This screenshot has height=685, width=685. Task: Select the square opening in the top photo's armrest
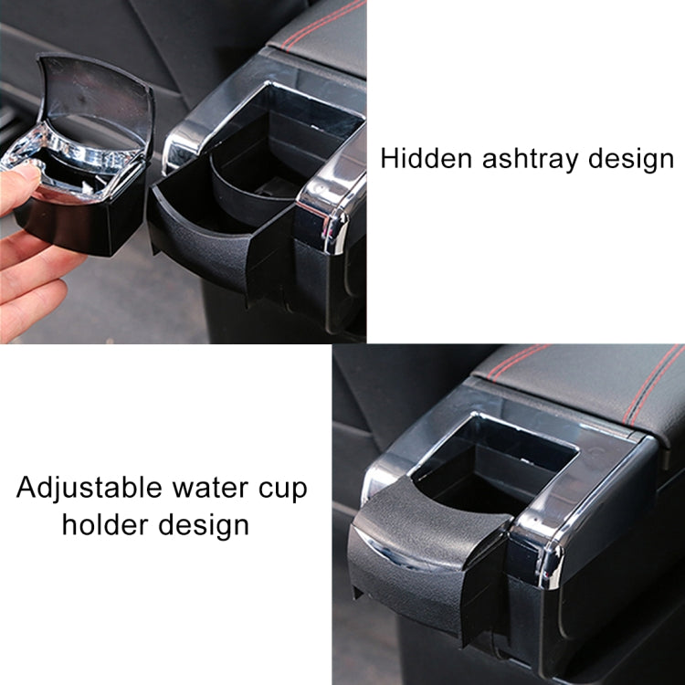(292, 119)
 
